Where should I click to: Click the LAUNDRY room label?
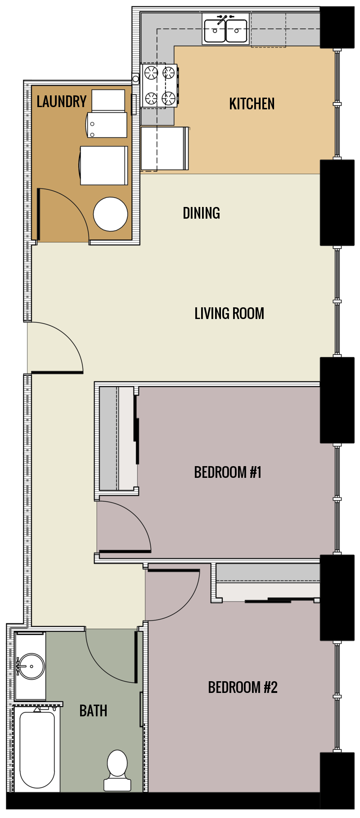62,102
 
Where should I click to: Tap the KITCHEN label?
252,104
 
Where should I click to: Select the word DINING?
201,213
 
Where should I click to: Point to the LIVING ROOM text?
229,314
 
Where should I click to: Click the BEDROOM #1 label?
228,472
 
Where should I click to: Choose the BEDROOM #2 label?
243,688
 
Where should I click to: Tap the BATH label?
93,711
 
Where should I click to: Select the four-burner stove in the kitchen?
159,85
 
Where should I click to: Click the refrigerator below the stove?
164,148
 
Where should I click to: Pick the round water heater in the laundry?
111,214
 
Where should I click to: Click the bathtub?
37,749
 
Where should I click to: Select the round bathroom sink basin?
31,666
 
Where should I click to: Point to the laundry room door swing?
67,211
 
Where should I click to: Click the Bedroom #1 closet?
116,438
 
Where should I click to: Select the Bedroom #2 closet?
268,583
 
